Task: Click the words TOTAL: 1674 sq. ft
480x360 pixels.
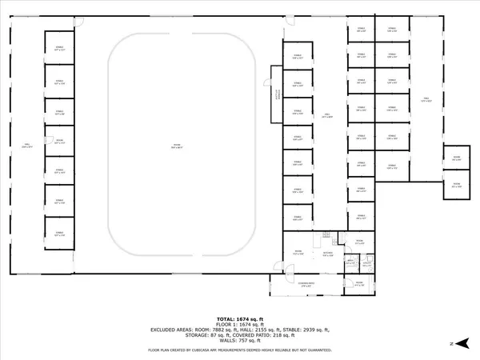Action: click(x=239, y=318)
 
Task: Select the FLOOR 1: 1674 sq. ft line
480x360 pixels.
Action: click(x=239, y=323)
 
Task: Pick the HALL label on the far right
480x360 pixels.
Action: click(x=427, y=99)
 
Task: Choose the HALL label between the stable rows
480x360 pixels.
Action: click(x=326, y=116)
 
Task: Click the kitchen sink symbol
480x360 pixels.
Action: click(x=327, y=234)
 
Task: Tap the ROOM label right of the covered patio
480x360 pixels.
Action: click(x=358, y=283)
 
